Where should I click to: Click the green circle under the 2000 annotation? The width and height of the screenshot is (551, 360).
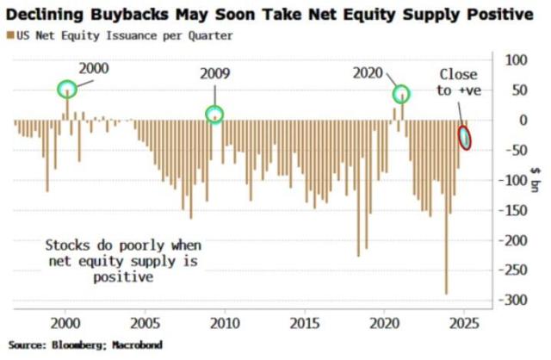(x=67, y=89)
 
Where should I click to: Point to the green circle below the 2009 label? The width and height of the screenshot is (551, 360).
(x=214, y=114)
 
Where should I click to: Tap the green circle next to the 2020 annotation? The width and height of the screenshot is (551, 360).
(x=401, y=95)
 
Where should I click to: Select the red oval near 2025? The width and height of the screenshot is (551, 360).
(x=465, y=135)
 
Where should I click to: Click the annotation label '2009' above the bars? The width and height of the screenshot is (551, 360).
(x=214, y=74)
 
